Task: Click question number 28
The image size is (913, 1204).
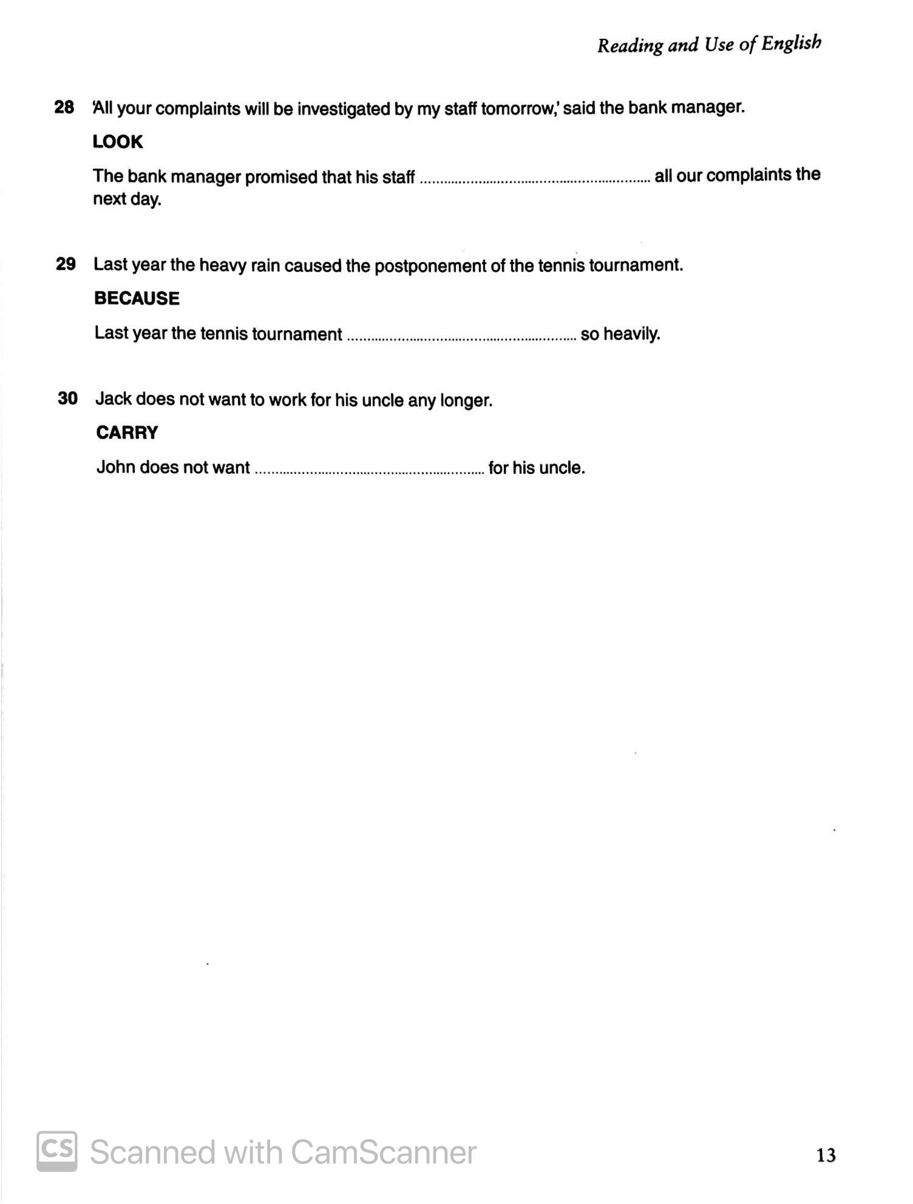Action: click(64, 108)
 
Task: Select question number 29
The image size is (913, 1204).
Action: click(66, 264)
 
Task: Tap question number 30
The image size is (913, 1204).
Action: click(67, 399)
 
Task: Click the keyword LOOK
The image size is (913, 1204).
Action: click(118, 142)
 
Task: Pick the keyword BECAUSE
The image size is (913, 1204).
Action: click(137, 299)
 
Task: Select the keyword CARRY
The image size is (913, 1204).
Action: click(127, 433)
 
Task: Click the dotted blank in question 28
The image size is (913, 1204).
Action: click(534, 178)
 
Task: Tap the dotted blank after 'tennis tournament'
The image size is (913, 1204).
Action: click(461, 336)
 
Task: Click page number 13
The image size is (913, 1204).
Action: click(826, 1155)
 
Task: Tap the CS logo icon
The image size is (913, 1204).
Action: click(57, 1151)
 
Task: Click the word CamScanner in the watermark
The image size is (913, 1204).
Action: click(383, 1152)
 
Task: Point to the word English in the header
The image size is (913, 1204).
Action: click(792, 44)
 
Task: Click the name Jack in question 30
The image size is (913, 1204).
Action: click(114, 399)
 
